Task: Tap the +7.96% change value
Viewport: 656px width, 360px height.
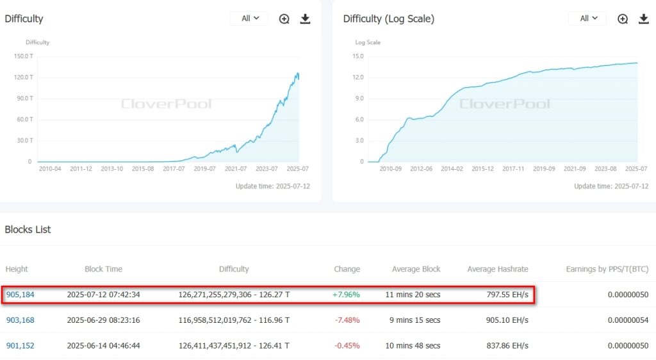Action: (x=346, y=295)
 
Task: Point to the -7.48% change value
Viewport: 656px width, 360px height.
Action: (x=347, y=320)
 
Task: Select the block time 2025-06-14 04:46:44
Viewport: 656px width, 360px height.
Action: (x=103, y=345)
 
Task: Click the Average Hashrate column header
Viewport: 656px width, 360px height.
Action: (x=498, y=269)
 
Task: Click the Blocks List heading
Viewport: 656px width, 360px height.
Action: (x=28, y=229)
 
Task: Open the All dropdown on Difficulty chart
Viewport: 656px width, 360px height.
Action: (x=249, y=19)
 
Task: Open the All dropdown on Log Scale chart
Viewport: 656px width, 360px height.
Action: (x=587, y=19)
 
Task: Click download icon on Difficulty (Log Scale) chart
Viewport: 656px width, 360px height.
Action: (x=644, y=19)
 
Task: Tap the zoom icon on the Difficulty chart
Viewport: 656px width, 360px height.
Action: (x=284, y=19)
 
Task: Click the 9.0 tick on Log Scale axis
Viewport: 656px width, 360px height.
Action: (x=358, y=99)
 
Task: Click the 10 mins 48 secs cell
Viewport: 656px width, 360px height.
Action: (x=413, y=345)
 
